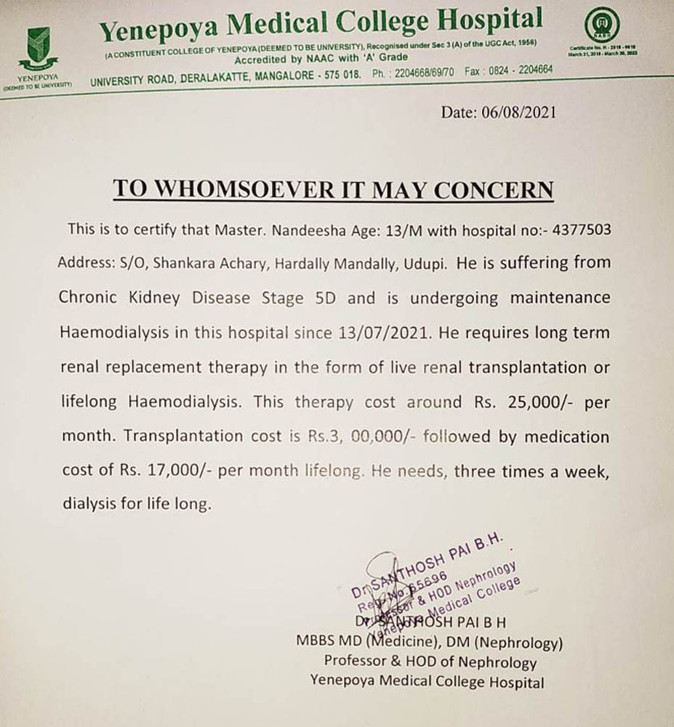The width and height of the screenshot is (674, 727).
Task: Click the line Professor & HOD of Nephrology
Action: coord(430,662)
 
